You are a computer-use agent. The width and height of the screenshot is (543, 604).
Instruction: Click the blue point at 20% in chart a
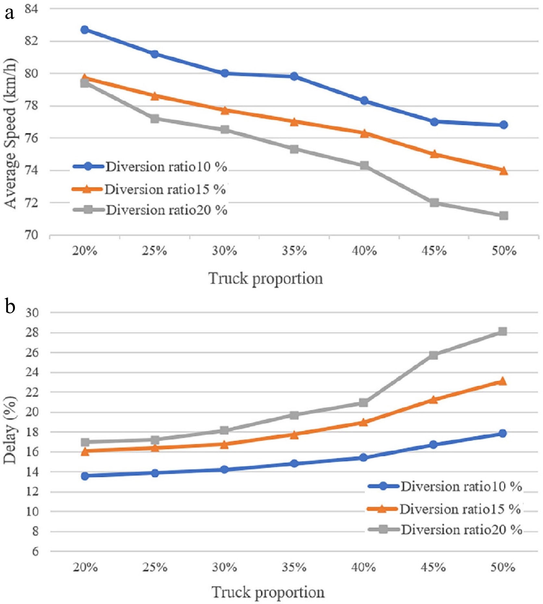pos(85,30)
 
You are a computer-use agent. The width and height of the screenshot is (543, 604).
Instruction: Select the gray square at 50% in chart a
pos(503,216)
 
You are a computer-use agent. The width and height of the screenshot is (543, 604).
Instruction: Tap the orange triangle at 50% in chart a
pos(503,171)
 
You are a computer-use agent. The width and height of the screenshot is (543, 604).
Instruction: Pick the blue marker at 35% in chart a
pos(294,77)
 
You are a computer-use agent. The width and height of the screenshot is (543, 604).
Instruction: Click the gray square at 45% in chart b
pos(433,355)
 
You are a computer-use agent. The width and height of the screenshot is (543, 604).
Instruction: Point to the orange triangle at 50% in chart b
pos(502,381)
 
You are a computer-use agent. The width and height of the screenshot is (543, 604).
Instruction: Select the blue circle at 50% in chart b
pos(502,433)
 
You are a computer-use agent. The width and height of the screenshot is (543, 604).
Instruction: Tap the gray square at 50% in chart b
pos(502,332)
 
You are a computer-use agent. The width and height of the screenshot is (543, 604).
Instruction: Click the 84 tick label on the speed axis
pos(31,9)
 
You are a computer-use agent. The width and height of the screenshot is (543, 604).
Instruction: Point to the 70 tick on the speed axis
pos(31,235)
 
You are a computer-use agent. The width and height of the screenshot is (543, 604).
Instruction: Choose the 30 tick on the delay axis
pos(32,313)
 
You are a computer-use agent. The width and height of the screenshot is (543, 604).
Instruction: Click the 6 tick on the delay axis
pos(35,551)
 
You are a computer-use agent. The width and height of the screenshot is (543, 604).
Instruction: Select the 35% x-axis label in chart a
pos(294,251)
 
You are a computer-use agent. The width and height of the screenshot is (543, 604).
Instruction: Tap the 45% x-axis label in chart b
pos(433,567)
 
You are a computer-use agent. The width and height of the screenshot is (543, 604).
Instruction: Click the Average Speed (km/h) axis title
pos(10,133)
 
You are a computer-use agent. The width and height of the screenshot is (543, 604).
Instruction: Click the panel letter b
pos(10,306)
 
